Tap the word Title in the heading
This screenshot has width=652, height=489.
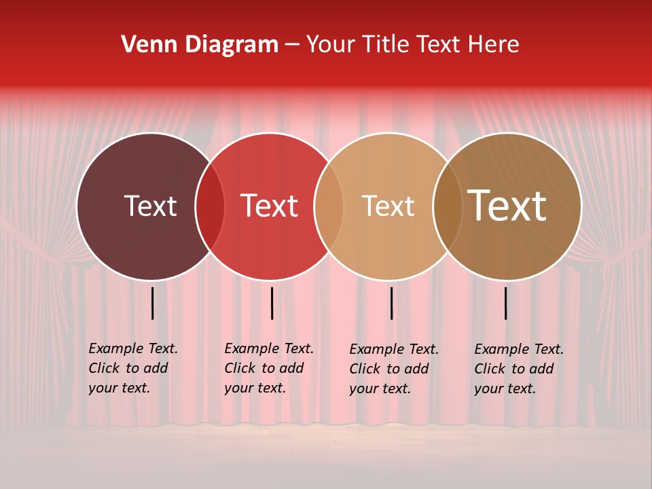(x=385, y=45)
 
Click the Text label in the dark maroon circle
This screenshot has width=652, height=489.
(x=150, y=206)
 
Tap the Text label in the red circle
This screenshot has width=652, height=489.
(x=270, y=206)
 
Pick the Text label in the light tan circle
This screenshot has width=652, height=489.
(x=388, y=206)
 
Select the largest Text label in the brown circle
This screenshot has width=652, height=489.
(x=507, y=206)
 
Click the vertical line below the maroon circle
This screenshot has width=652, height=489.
(x=153, y=303)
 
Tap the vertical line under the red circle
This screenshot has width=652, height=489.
(x=272, y=303)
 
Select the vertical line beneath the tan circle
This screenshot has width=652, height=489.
(x=391, y=303)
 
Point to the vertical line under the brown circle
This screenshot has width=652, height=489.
(x=505, y=303)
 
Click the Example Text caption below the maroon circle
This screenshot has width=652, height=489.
(x=132, y=368)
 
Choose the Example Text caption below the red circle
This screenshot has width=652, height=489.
(x=268, y=368)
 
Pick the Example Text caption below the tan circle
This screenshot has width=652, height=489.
(x=393, y=369)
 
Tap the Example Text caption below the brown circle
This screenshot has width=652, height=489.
(x=518, y=369)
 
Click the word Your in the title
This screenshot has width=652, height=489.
(x=331, y=45)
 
